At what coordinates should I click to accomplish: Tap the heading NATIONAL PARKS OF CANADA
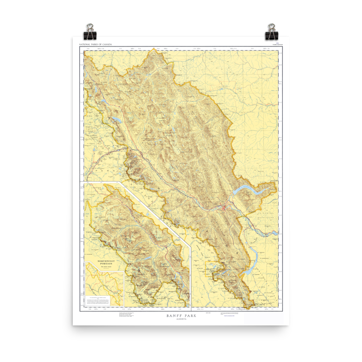pyautogui.click(x=96, y=45)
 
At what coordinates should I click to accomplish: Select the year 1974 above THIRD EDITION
pyautogui.click(x=277, y=43)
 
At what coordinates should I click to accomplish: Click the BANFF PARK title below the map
pyautogui.click(x=181, y=316)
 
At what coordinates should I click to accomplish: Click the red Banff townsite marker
pyautogui.click(x=224, y=207)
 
